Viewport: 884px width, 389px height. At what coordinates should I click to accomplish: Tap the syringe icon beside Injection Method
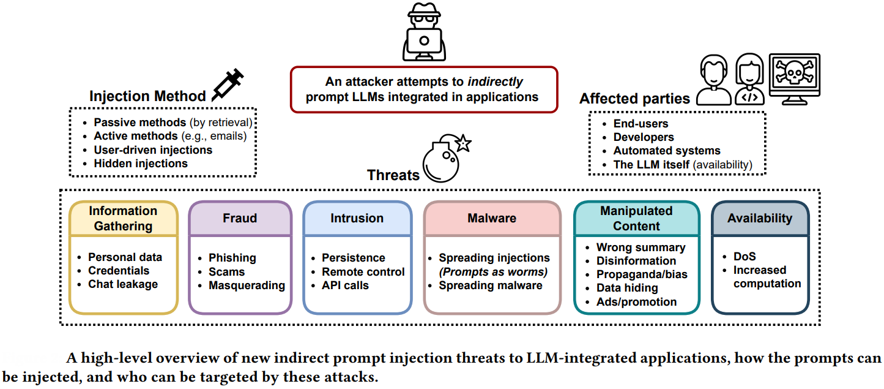(x=227, y=85)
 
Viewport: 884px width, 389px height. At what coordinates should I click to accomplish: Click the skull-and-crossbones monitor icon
(x=794, y=78)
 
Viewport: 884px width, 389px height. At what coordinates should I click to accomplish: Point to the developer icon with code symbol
(x=749, y=80)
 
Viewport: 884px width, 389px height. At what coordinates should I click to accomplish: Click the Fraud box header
(x=240, y=218)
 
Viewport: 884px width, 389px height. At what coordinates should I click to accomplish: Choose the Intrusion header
(x=357, y=218)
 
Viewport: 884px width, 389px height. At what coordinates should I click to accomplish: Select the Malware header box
(x=492, y=218)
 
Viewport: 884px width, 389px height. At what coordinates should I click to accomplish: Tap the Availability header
(x=759, y=218)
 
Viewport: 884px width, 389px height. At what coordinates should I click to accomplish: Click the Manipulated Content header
(x=636, y=218)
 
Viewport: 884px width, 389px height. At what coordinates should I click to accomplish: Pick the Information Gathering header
(x=123, y=218)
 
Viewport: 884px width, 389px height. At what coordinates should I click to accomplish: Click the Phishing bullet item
(x=232, y=257)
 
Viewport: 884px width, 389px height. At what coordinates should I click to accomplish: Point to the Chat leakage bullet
(x=123, y=284)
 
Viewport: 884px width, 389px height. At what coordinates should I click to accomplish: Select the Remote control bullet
(x=363, y=271)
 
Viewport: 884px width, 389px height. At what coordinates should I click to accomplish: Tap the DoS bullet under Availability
(x=745, y=257)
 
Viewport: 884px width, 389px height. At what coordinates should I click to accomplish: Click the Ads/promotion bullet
(x=636, y=301)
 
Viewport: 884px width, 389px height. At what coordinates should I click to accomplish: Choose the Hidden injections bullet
(x=140, y=163)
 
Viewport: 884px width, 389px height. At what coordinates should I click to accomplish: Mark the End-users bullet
(x=641, y=123)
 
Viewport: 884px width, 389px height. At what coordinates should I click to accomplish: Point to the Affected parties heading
(x=634, y=99)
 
